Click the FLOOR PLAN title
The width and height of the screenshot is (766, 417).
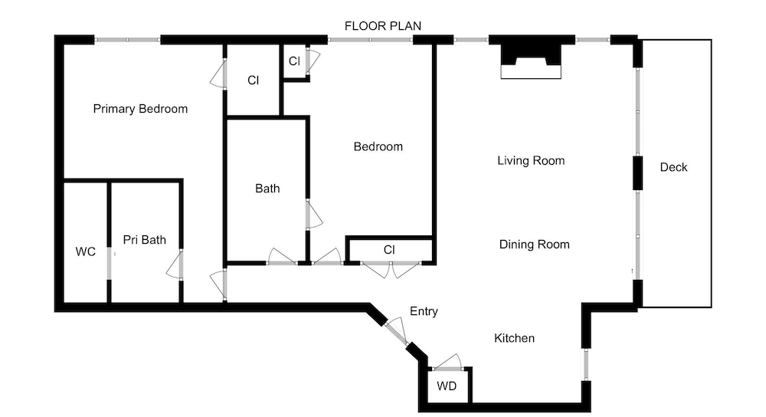point(383,26)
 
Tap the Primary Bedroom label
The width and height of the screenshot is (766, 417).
point(140,109)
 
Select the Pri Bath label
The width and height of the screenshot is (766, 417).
point(145,240)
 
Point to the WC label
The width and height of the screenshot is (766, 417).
point(86,251)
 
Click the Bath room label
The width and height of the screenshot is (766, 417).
point(267,189)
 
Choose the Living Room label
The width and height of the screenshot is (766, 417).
point(531,161)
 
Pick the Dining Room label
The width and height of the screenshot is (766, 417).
point(535,245)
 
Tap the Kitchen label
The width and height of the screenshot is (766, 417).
point(515,338)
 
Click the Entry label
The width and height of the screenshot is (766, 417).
point(424,312)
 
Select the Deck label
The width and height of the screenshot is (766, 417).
point(673,167)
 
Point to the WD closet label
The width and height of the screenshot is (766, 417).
point(447,386)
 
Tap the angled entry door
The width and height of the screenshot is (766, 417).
point(396,332)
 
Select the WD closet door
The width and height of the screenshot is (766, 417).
point(447,363)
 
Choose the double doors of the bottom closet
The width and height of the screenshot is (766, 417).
point(391,269)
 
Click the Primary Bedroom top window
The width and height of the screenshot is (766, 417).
point(127,40)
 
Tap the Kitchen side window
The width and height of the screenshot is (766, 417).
point(586,364)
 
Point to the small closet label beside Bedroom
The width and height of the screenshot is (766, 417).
point(294,61)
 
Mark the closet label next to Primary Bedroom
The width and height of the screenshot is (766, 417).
point(253,80)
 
